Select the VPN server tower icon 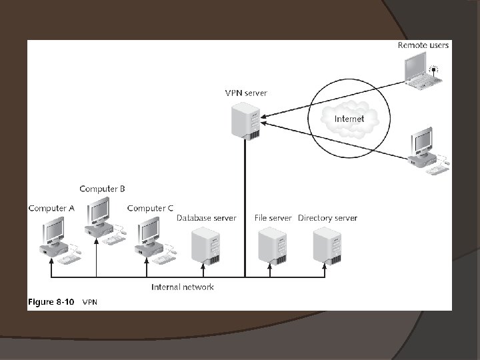pos(244,121)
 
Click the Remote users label pos(423,45)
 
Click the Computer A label pos(51,208)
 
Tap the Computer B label pos(102,189)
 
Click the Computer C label pos(150,208)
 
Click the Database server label pos(206,218)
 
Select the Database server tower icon pos(205,246)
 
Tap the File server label pos(273,218)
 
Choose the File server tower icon pos(272,246)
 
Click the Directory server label pos(327,218)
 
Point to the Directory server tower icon pos(327,246)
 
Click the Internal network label pos(183,287)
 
